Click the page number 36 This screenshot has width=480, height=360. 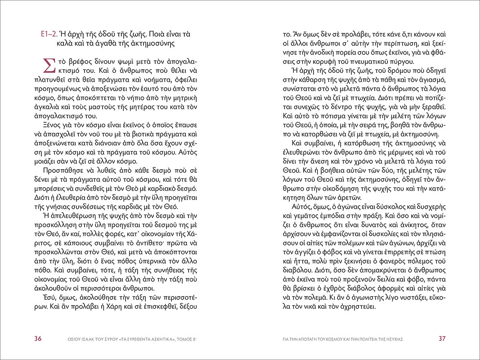(x=38, y=338)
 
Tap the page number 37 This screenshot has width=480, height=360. (x=442, y=338)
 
